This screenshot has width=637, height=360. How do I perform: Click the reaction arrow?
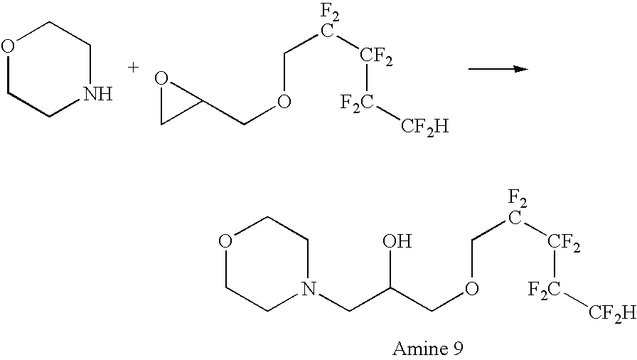[498, 69]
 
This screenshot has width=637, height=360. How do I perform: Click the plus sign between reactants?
[133, 68]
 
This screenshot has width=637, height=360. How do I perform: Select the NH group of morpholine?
[97, 93]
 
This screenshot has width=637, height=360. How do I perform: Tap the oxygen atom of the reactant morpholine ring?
[9, 48]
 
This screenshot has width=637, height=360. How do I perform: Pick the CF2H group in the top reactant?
[425, 127]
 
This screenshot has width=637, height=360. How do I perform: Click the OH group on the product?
[397, 243]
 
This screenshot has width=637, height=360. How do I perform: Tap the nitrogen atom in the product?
[306, 289]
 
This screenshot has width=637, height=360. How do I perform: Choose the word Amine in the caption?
[408, 349]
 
